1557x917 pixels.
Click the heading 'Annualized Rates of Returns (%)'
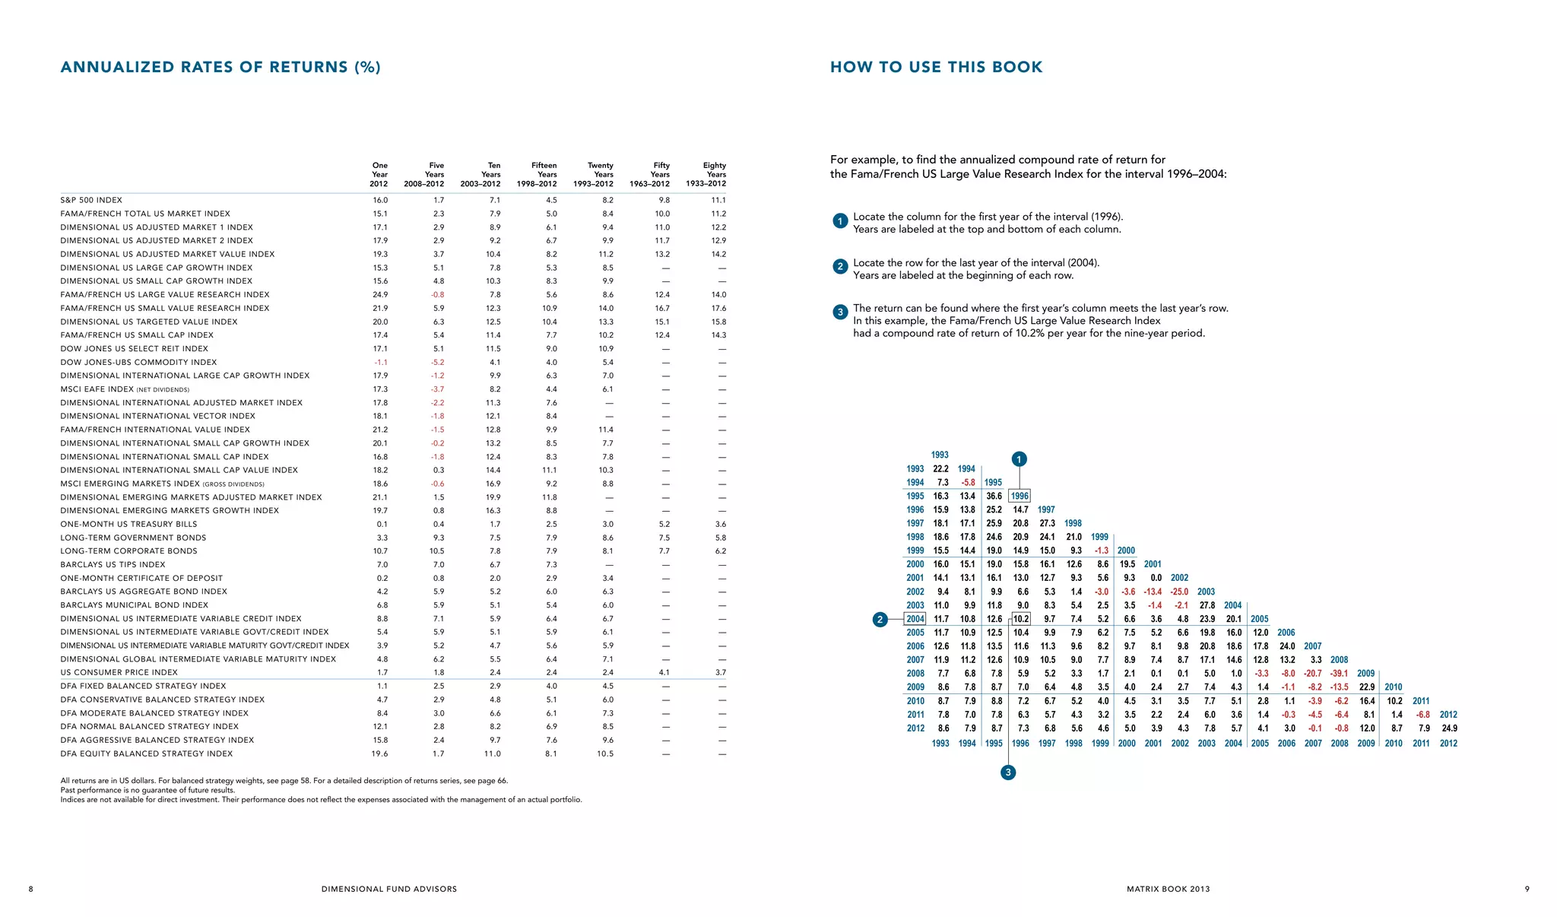[220, 67]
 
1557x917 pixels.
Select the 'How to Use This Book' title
[936, 67]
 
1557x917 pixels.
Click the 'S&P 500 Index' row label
[91, 200]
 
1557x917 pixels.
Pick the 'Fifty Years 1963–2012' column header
[650, 174]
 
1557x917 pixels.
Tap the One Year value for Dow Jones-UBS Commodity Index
[380, 362]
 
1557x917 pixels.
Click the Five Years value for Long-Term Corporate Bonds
[436, 551]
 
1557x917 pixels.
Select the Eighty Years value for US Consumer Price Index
[720, 672]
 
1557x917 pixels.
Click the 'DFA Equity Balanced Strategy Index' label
[147, 754]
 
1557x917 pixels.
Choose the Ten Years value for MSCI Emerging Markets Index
[493, 484]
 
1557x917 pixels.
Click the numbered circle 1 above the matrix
[1020, 458]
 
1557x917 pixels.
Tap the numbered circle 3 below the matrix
[1008, 773]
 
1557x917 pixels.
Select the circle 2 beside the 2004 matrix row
[880, 619]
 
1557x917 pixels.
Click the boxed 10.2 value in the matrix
[1021, 619]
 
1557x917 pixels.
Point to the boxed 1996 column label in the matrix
[1020, 496]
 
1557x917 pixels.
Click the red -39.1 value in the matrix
[1339, 673]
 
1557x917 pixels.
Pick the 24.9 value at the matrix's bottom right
[1449, 728]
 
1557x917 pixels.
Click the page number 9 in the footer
[1527, 889]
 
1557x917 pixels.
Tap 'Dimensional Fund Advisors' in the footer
[389, 889]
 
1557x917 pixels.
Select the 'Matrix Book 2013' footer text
[1168, 889]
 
